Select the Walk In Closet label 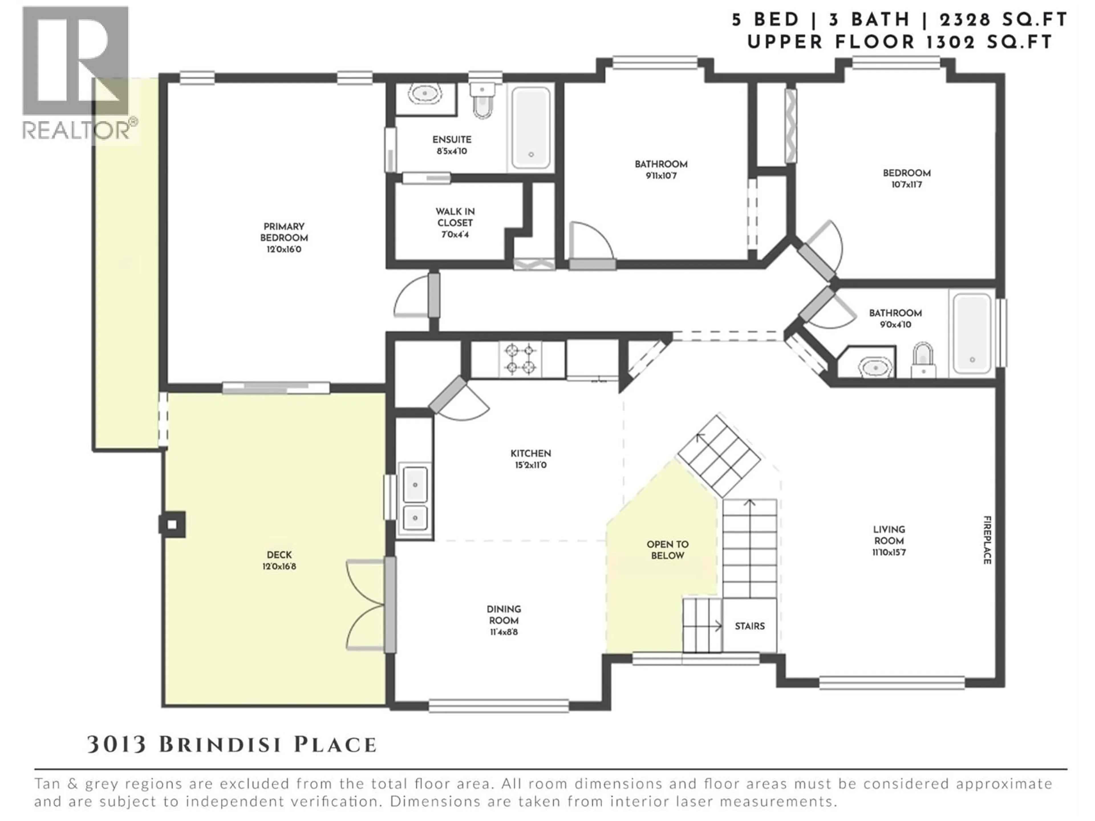pyautogui.click(x=455, y=217)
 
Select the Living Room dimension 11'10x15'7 pyautogui.click(x=889, y=552)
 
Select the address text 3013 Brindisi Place pyautogui.click(x=232, y=744)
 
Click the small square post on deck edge pyautogui.click(x=172, y=524)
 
